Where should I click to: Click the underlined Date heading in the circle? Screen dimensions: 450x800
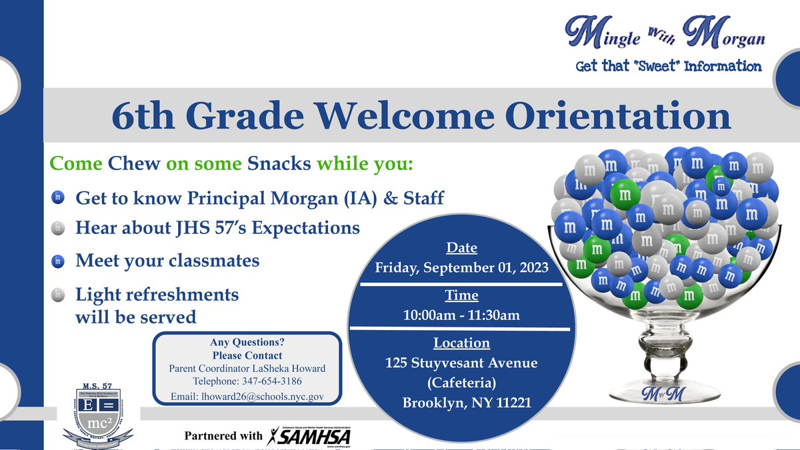(461, 248)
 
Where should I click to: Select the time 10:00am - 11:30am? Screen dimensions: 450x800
(461, 315)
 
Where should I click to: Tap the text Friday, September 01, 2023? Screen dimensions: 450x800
(461, 268)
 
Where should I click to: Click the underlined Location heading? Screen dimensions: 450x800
(461, 343)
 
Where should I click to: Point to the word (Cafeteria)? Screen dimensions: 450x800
(461, 383)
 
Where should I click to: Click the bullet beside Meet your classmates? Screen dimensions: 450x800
(58, 261)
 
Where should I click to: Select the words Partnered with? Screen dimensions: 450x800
(223, 436)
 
